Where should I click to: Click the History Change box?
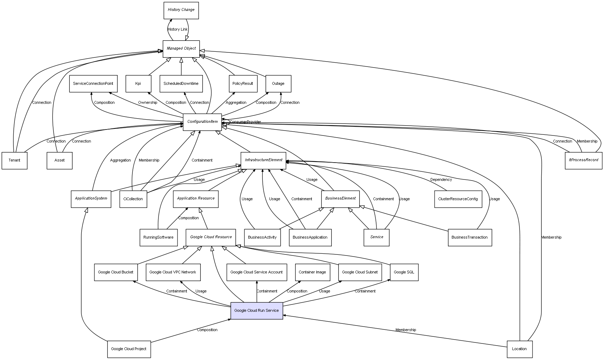[181, 10]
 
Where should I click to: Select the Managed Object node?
[181, 49]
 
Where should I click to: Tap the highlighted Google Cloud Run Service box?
[256, 310]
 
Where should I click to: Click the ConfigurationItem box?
[202, 122]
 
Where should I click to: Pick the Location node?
[519, 349]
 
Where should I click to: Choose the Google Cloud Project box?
[129, 349]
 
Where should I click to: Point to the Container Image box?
[312, 272]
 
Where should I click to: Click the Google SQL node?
[404, 272]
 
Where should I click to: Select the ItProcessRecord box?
[583, 160]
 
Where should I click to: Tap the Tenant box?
[14, 160]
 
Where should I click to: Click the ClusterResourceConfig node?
[458, 199]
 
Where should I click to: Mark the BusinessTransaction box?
[469, 237]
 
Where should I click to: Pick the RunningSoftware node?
[158, 237]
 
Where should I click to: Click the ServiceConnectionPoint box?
[93, 84]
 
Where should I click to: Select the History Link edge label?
[178, 30]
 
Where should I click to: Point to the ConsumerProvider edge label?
[245, 122]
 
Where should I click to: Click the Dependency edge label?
[441, 180]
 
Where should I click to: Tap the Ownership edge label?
[148, 103]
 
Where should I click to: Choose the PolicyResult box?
[243, 84]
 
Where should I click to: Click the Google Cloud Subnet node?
[360, 272]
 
